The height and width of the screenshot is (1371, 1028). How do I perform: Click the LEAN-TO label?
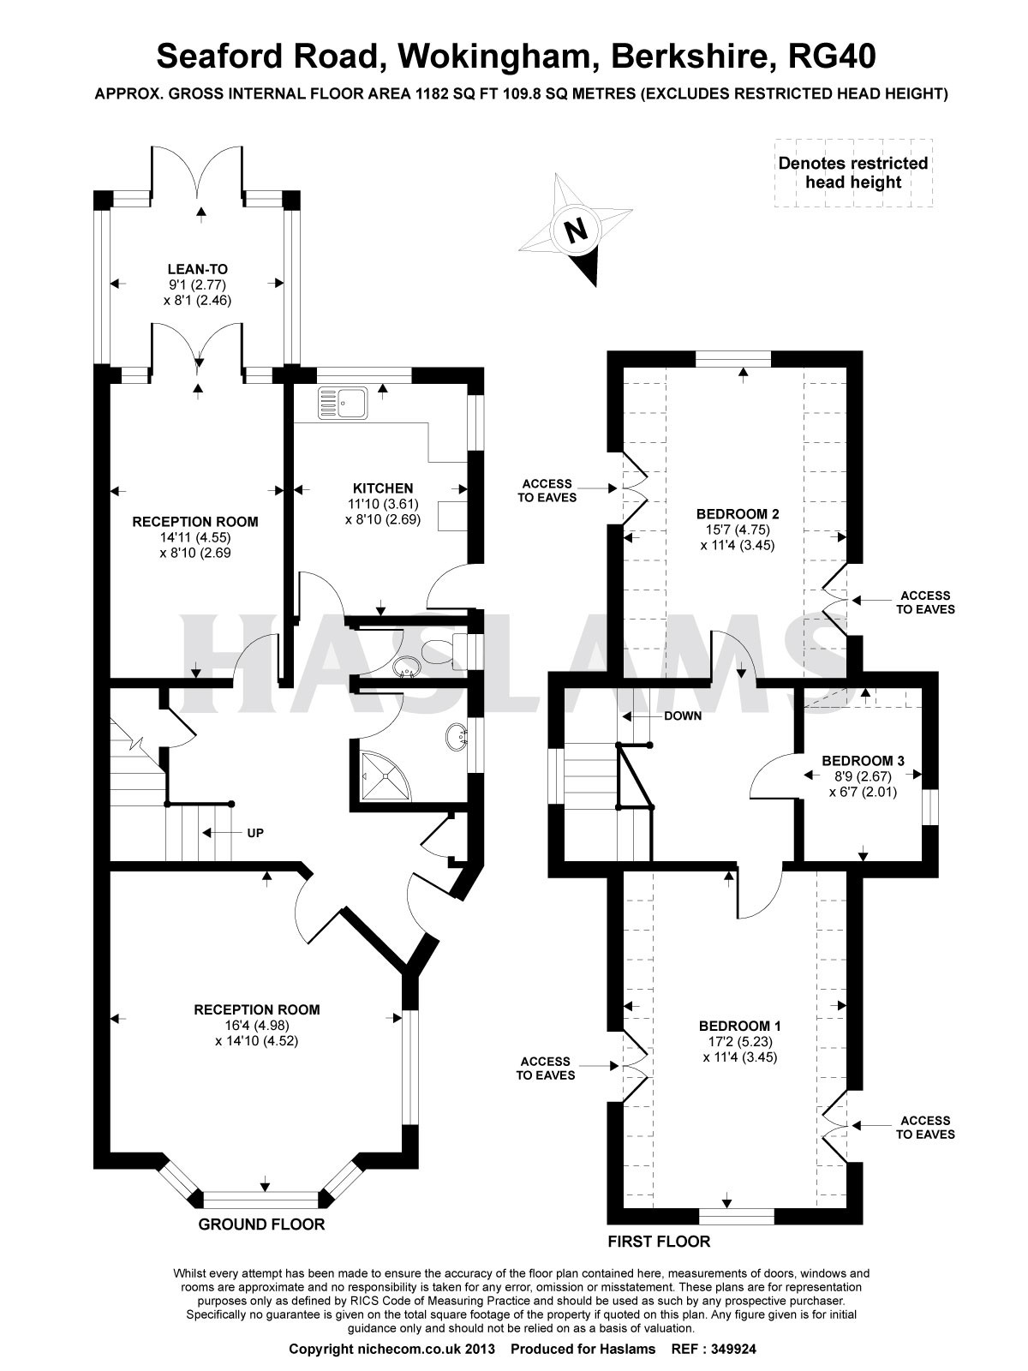(198, 270)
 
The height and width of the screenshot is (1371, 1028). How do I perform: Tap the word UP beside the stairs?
(255, 833)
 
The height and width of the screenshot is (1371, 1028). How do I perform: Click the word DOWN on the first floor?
(683, 715)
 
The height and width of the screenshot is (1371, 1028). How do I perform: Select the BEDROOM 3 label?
(864, 761)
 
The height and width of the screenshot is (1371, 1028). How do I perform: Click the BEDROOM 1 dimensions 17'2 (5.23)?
(740, 1043)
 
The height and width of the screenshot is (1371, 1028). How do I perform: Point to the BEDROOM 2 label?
(738, 514)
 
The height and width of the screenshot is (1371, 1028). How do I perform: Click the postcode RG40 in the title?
(832, 57)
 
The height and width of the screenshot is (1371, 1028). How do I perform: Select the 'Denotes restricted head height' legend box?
(853, 173)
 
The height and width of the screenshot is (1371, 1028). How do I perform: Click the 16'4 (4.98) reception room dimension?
(256, 1025)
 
